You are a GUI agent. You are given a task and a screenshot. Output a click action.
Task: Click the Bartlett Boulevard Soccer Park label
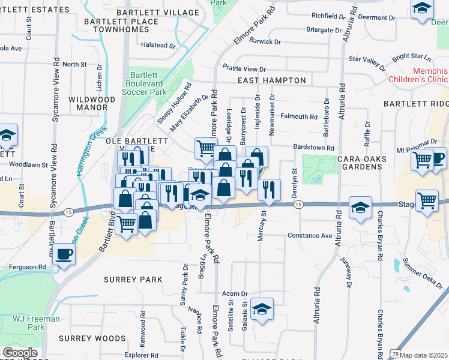pos(144,83)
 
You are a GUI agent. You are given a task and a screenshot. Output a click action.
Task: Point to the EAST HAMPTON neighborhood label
pos(272,80)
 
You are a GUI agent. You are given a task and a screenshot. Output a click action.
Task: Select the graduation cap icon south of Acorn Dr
pos(262,310)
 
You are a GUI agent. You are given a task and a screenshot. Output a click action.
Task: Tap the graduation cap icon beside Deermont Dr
pos(422,9)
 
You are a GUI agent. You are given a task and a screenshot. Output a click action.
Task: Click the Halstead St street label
pos(157,45)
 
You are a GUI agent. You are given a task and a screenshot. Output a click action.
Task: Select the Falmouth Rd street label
pos(298,117)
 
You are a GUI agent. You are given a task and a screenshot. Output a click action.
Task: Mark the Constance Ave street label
pos(310,236)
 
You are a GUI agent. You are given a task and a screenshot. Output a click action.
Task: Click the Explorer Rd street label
pos(142,355)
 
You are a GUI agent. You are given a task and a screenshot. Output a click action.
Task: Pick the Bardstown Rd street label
pos(313,148)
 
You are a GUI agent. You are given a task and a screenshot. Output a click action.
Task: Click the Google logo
pos(20,353)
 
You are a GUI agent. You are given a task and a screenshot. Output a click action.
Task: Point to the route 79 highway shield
pos(394,355)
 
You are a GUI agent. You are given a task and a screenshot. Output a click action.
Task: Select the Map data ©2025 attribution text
pos(424,355)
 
